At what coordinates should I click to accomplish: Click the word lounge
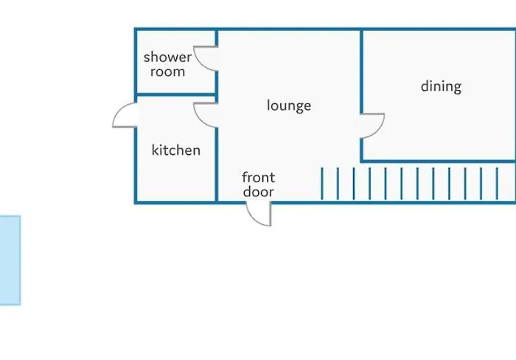(289, 105)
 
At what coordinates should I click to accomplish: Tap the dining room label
(441, 86)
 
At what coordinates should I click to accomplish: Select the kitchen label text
(176, 150)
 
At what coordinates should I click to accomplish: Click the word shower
(167, 57)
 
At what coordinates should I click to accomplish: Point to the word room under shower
(167, 72)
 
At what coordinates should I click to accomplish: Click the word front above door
(258, 177)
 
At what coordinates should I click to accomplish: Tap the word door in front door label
(258, 192)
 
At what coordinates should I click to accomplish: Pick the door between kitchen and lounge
(204, 114)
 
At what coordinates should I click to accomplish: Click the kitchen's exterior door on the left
(125, 116)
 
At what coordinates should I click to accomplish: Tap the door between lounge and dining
(373, 125)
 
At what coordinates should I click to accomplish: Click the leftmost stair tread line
(322, 184)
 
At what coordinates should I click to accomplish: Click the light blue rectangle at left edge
(10, 260)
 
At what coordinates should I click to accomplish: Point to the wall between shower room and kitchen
(175, 95)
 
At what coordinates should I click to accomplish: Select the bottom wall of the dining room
(439, 161)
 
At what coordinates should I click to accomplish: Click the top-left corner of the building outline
(136, 30)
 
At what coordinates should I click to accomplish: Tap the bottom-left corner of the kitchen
(136, 202)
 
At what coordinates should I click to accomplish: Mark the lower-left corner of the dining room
(361, 161)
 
